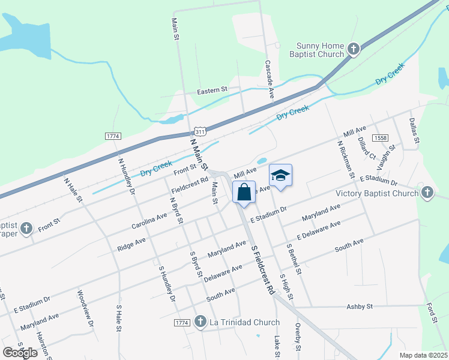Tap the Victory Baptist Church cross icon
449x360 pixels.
pyautogui.click(x=427, y=193)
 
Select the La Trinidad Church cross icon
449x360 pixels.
pyautogui.click(x=200, y=322)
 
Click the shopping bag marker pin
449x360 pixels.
pyautogui.click(x=244, y=193)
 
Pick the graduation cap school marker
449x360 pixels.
pyautogui.click(x=280, y=175)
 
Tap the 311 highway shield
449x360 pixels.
pyautogui.click(x=200, y=131)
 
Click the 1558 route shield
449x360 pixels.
pyautogui.click(x=379, y=138)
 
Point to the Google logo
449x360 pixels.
pyautogui.click(x=20, y=353)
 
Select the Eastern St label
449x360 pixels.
pyautogui.click(x=212, y=91)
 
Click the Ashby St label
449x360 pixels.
pyautogui.click(x=360, y=306)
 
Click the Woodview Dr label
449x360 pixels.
pyautogui.click(x=84, y=309)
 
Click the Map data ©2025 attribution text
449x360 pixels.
pyautogui.click(x=423, y=355)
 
